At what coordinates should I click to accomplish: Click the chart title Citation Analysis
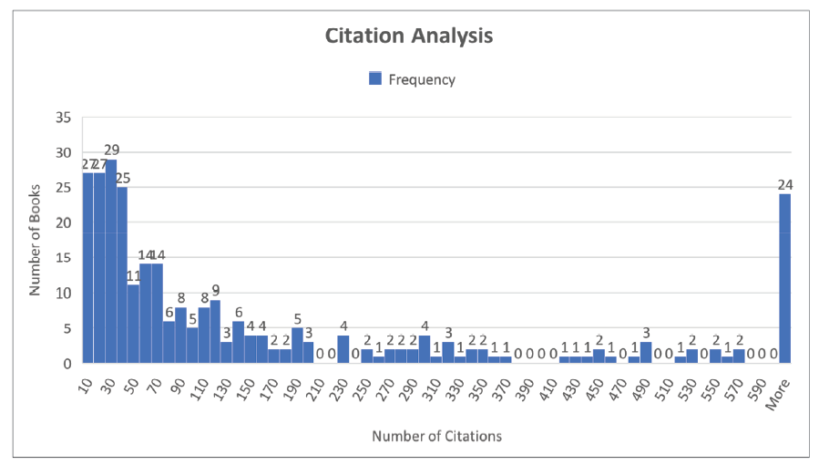tap(409, 36)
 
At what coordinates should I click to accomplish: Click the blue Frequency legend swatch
tap(375, 79)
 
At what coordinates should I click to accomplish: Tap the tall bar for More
tap(785, 278)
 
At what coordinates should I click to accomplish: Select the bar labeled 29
tap(111, 261)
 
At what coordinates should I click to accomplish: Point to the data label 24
tap(785, 184)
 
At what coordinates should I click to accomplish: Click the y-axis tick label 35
tap(63, 117)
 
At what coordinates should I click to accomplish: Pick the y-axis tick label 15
tap(63, 258)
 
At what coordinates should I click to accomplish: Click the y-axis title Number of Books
tap(36, 241)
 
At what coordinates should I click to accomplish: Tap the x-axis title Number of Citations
tap(436, 436)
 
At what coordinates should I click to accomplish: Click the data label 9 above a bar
tap(216, 290)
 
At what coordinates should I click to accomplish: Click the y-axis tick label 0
tap(67, 364)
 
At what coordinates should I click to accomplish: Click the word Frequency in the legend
tap(422, 79)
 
